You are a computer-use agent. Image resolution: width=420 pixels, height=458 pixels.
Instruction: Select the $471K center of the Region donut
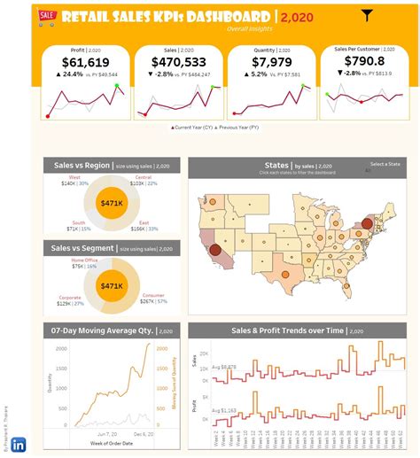coord(113,203)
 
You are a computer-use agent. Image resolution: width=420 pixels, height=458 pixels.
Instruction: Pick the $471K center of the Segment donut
coord(113,286)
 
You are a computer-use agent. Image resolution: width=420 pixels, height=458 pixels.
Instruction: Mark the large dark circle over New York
coord(366,211)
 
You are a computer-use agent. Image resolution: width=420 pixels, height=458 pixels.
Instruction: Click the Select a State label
coord(384,164)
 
